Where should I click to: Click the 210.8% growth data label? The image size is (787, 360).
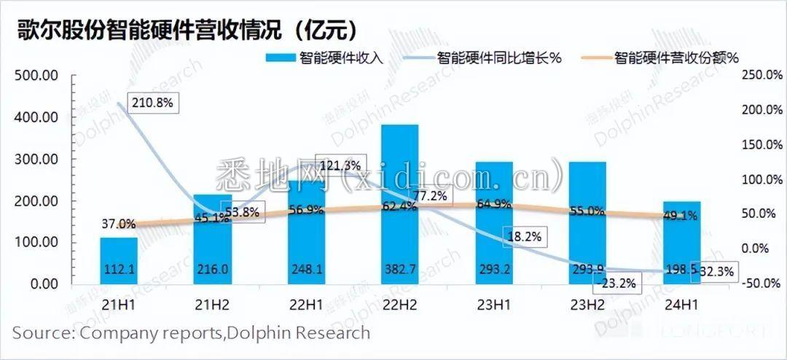click(152, 103)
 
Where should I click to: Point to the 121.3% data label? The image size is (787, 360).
click(339, 165)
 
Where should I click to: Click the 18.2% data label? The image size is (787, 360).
click(523, 237)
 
